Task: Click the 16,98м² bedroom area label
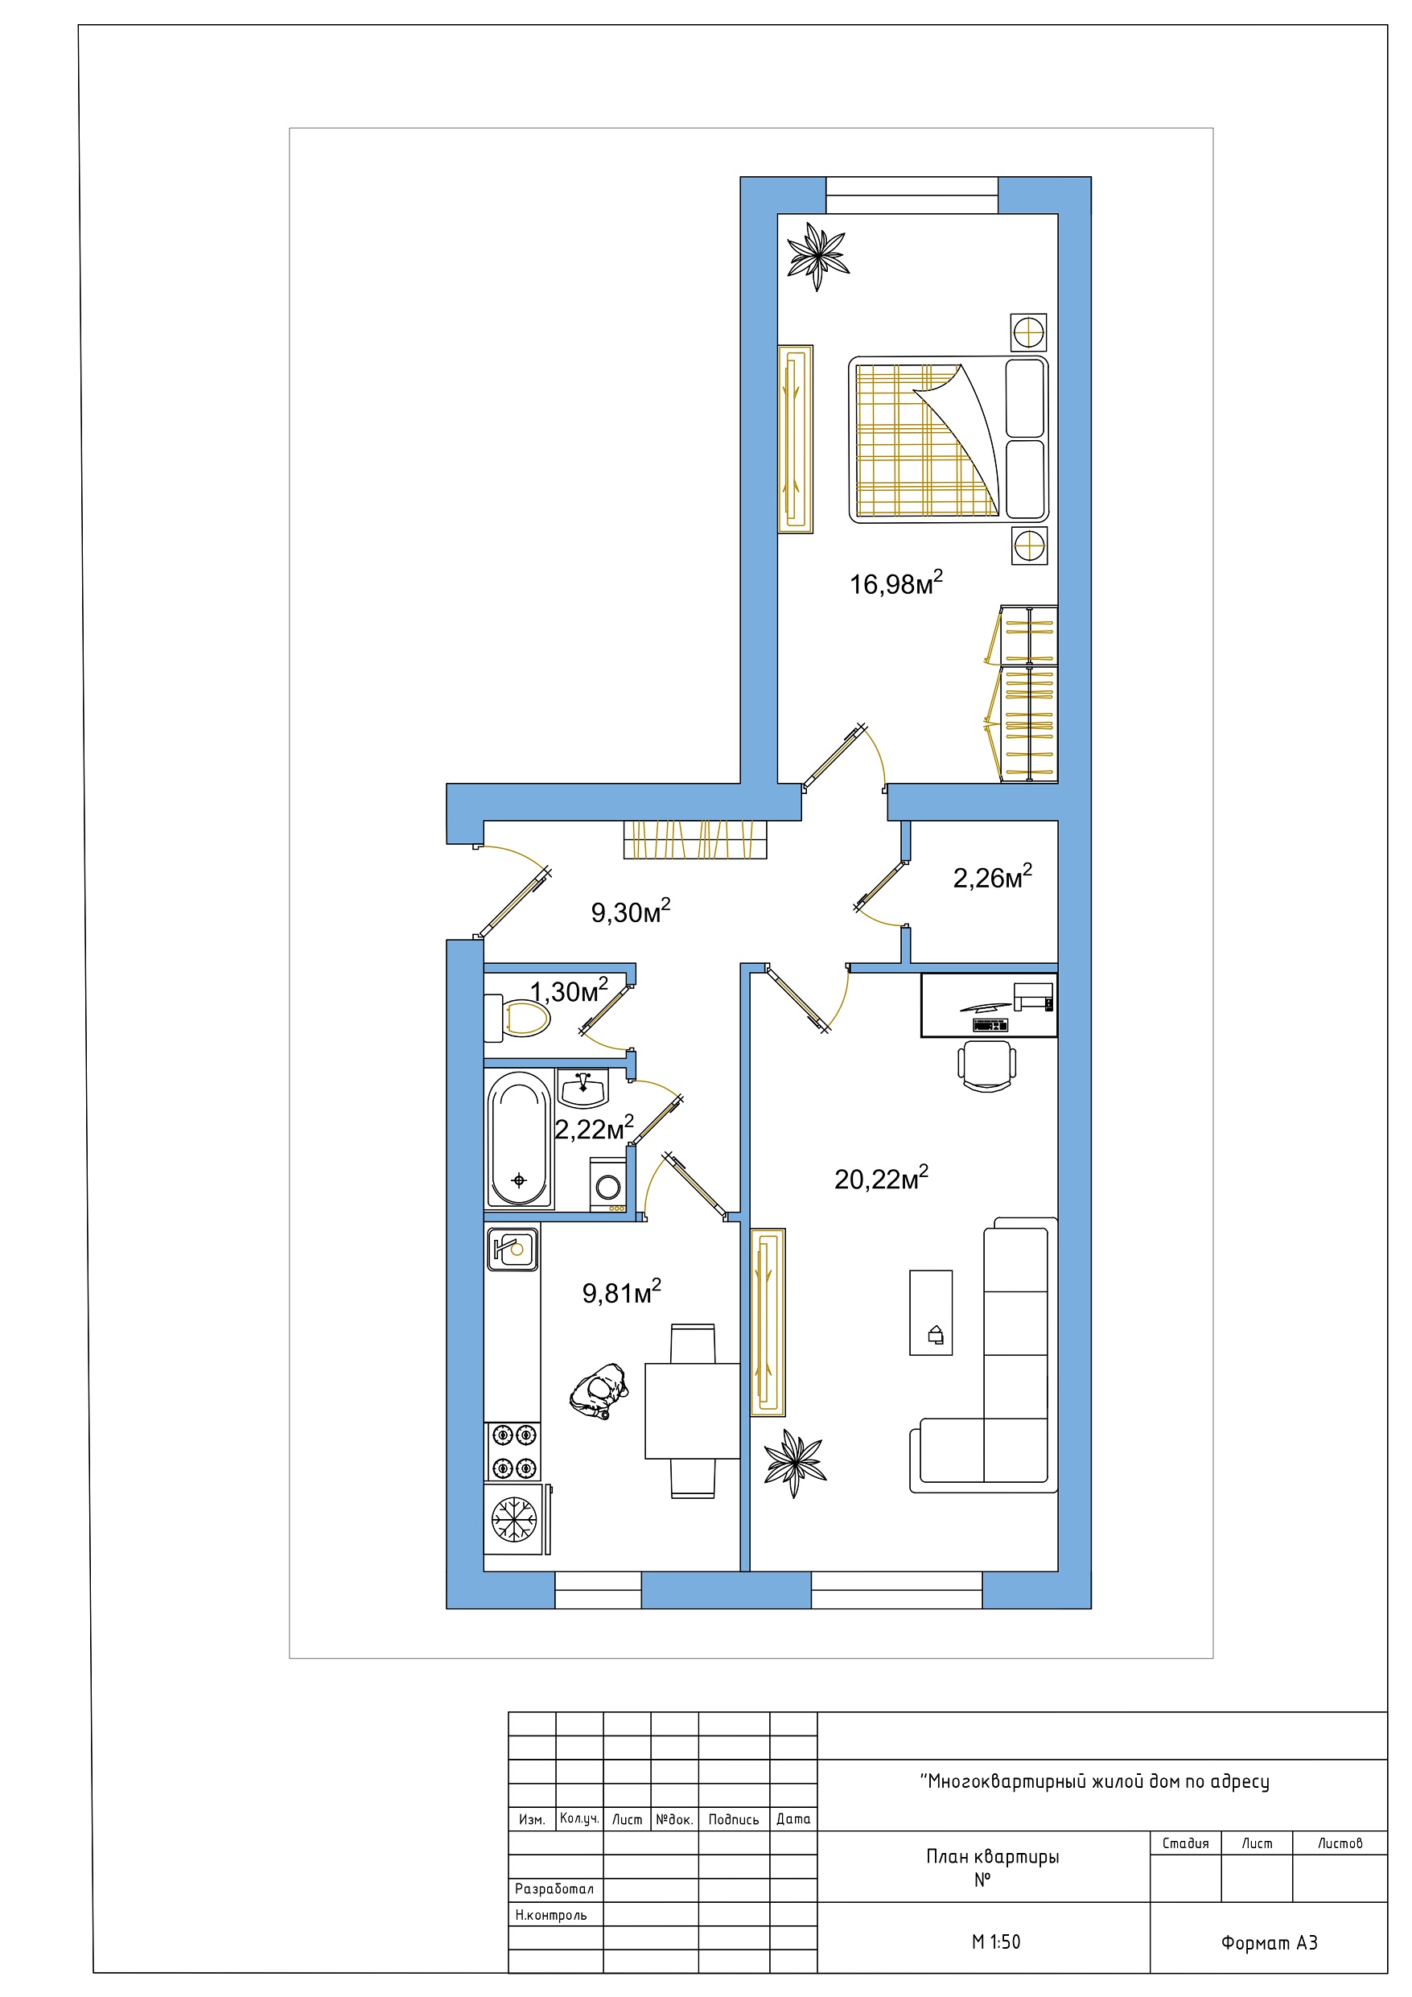click(896, 583)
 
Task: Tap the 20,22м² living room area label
click(881, 1178)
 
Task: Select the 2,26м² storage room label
click(993, 877)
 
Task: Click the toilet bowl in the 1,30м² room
click(517, 1018)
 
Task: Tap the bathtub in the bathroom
click(520, 1139)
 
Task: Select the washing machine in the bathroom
click(607, 1184)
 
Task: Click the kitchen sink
click(512, 1250)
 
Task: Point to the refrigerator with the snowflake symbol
click(517, 1520)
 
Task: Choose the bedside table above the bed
click(1028, 331)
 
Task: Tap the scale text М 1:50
click(995, 1942)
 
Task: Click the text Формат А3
click(1270, 1943)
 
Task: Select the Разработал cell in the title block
click(555, 1889)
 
